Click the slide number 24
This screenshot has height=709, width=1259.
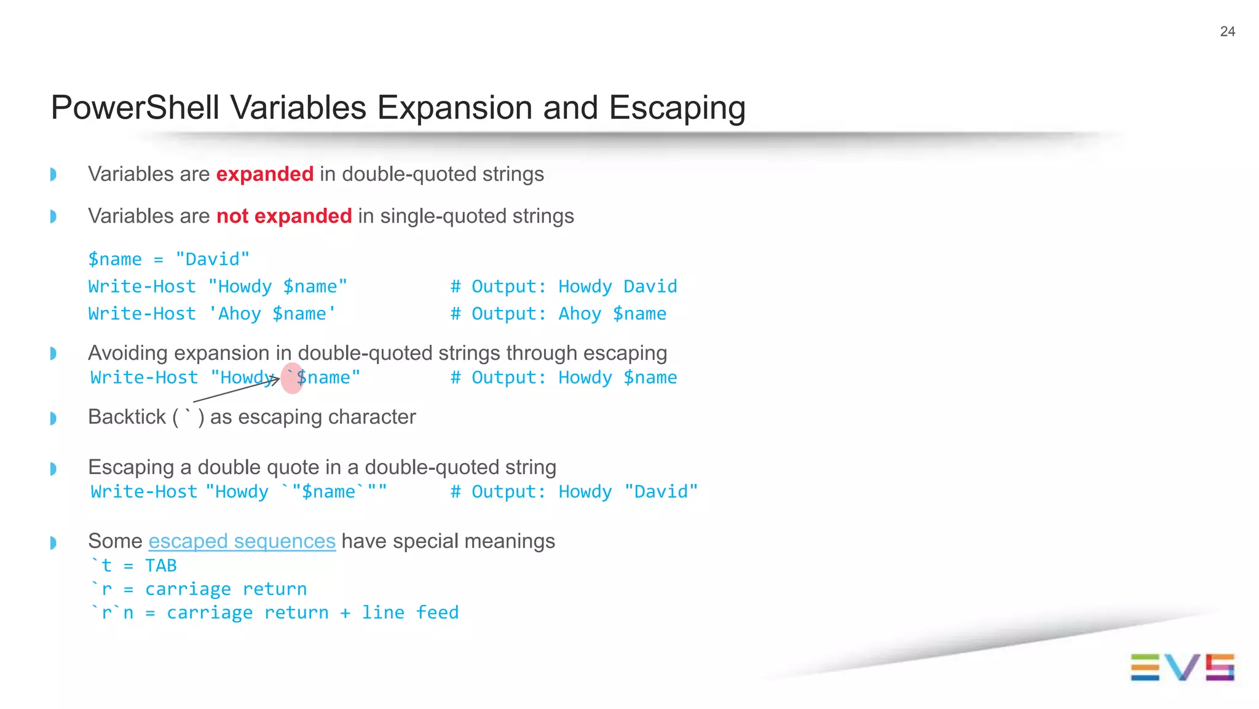point(1227,31)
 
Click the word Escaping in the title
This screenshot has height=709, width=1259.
point(677,108)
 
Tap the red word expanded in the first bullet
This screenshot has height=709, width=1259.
point(264,174)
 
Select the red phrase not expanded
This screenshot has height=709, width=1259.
point(284,216)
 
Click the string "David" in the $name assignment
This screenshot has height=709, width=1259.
point(213,259)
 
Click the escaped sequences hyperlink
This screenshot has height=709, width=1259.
point(242,541)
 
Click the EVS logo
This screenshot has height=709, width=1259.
point(1182,667)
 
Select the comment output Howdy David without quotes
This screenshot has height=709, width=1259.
point(617,287)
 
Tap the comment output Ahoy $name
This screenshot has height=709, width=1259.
point(612,314)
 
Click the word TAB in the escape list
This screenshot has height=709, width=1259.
point(160,565)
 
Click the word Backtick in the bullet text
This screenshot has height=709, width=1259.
point(127,417)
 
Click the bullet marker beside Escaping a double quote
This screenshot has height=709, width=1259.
point(53,469)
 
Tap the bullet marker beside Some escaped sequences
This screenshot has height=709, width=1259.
point(53,543)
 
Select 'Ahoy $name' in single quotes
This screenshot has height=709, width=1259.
point(272,314)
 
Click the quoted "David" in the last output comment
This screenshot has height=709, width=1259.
point(661,492)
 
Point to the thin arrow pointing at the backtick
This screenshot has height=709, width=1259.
point(237,390)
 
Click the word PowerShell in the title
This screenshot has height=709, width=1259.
point(135,108)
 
